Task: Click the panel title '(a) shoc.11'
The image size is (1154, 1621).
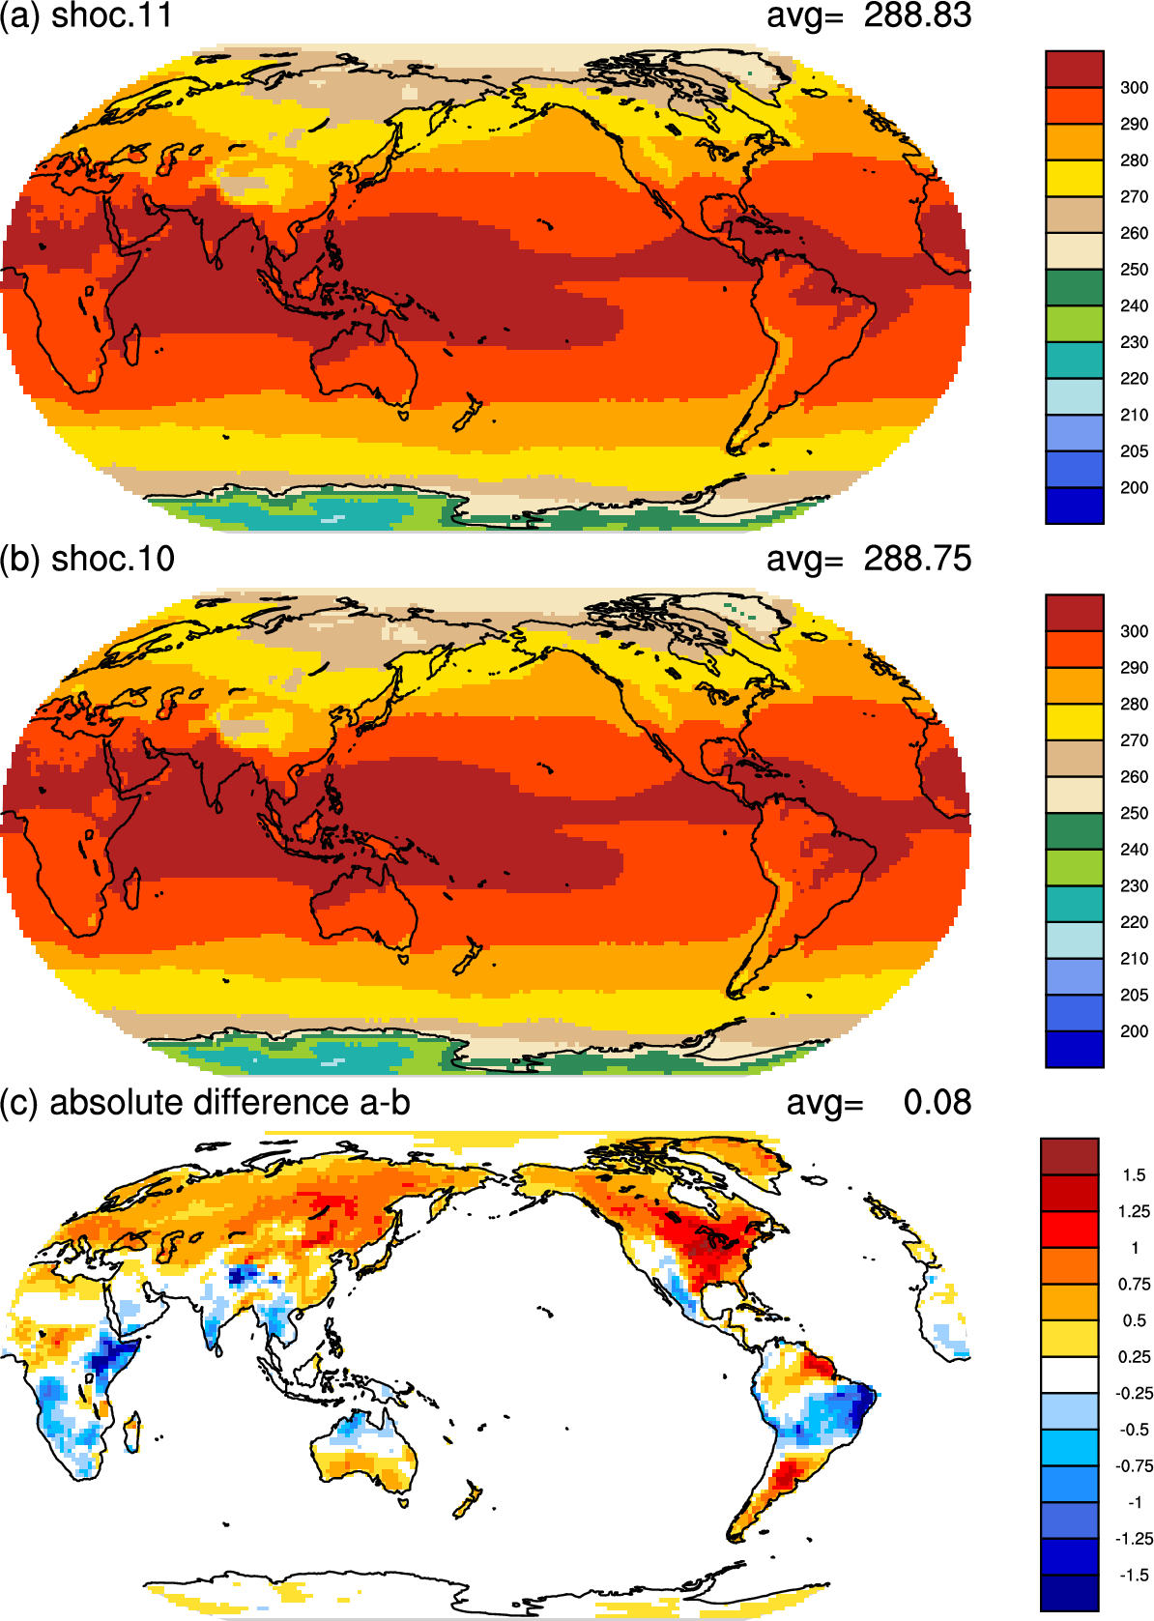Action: pos(86,16)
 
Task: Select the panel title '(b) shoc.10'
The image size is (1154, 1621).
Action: pos(88,559)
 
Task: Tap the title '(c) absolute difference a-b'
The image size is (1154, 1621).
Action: pos(205,1102)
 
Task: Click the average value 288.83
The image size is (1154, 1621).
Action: pos(917,16)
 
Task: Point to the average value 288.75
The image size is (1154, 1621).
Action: pos(917,559)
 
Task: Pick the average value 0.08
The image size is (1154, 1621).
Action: pos(937,1102)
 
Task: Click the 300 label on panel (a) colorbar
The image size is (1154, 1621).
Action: pos(1134,88)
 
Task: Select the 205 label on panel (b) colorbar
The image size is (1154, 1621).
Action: pos(1134,995)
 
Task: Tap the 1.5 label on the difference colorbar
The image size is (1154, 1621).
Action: pos(1134,1175)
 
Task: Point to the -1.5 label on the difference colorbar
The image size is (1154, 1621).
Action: pos(1133,1575)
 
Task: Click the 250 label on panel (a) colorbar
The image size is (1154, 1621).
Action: pos(1134,270)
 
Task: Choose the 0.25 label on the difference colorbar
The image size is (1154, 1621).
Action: pos(1134,1357)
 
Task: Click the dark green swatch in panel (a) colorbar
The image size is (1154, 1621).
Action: pos(1074,288)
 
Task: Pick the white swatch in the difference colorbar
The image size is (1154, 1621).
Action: pos(1069,1375)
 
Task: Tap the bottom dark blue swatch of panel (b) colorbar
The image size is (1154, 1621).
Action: pos(1074,1049)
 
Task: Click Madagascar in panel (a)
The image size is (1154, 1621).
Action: pos(132,346)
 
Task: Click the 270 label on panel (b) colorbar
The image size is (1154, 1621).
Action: pos(1134,740)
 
